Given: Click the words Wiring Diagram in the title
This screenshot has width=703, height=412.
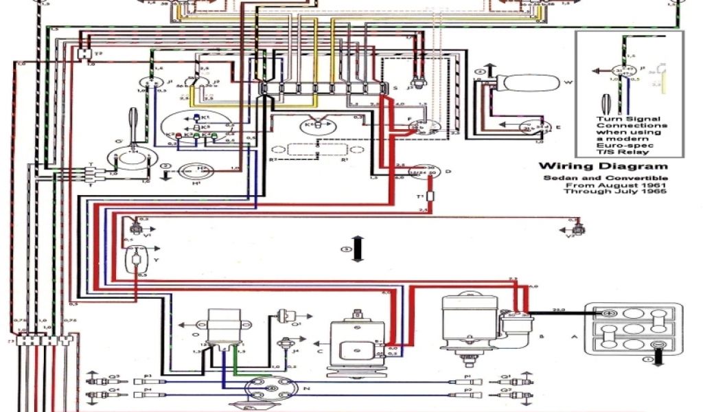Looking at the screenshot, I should (x=602, y=166).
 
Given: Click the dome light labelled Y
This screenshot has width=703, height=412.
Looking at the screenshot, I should (x=139, y=261).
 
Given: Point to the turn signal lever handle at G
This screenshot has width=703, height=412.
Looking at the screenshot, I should (x=132, y=124).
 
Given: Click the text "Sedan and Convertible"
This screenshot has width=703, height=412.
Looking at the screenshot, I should (x=602, y=178).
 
